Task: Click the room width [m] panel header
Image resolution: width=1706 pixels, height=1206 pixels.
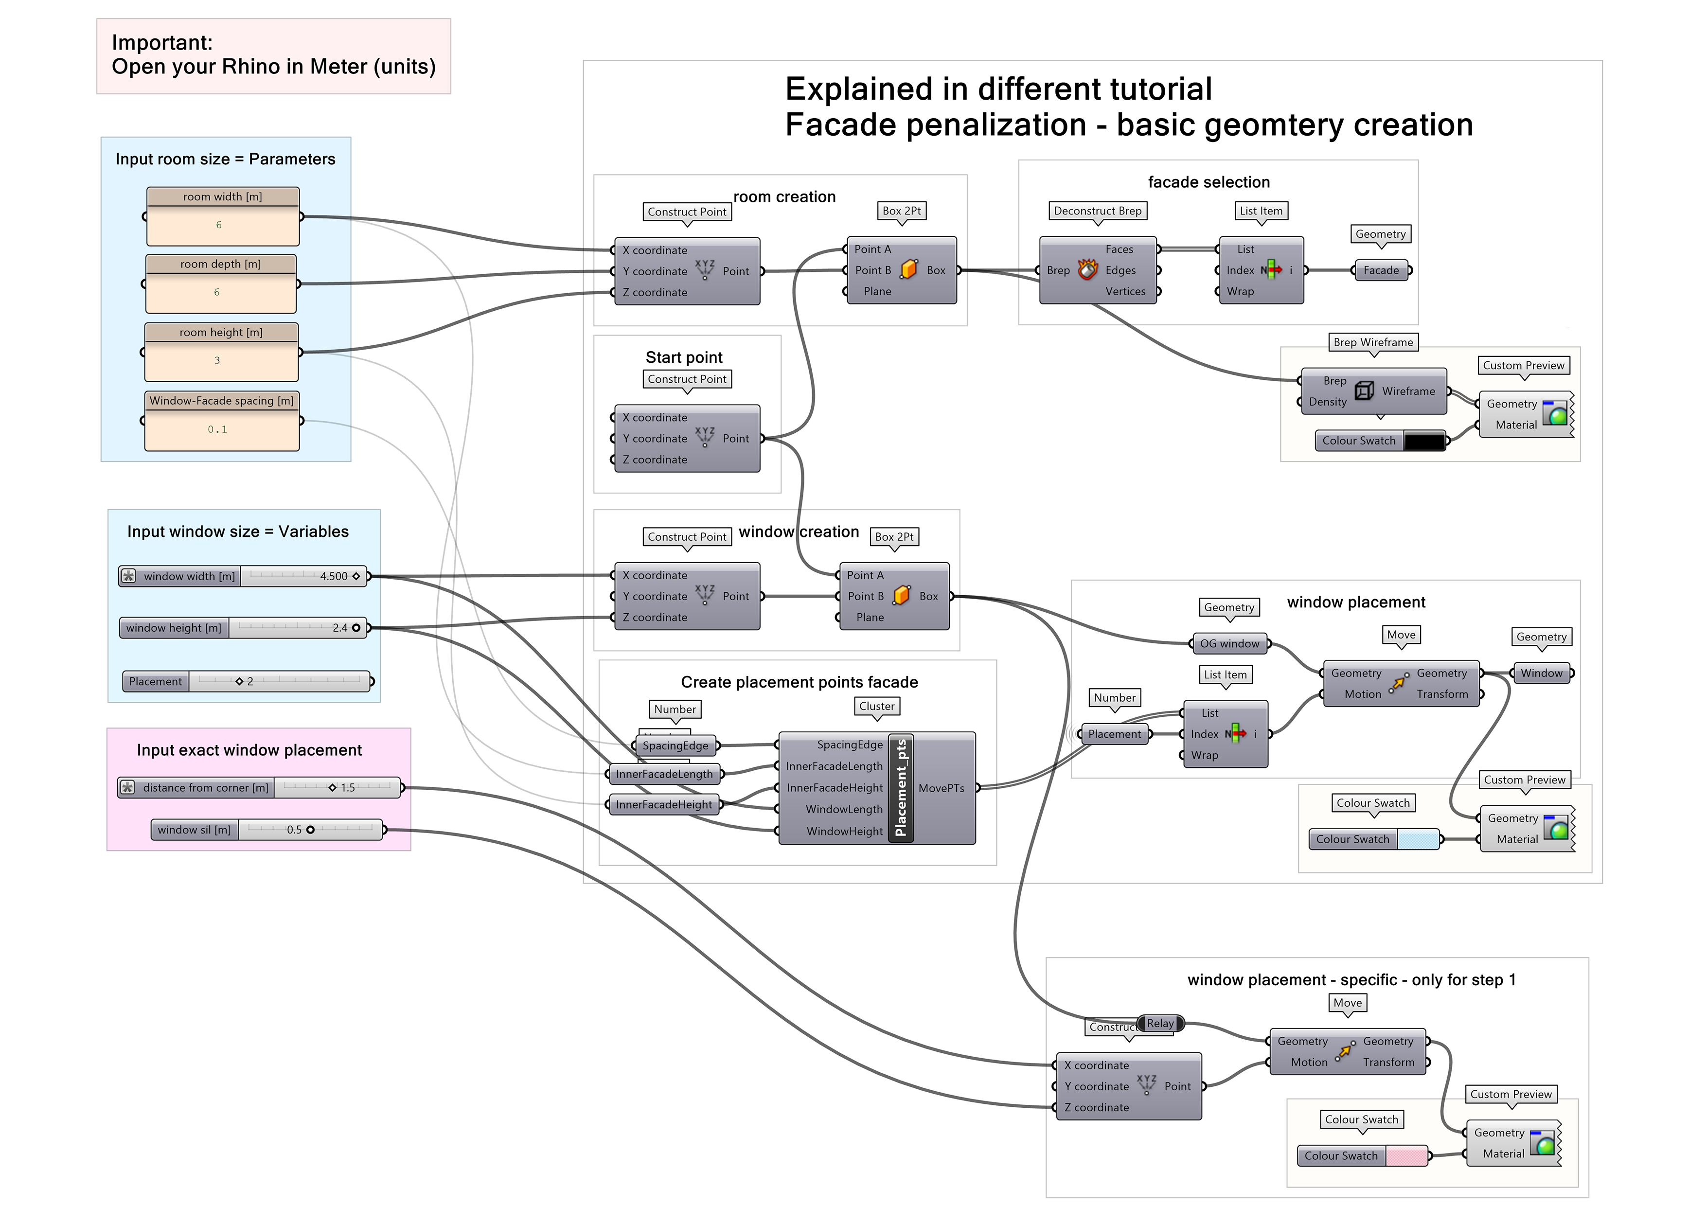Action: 223,197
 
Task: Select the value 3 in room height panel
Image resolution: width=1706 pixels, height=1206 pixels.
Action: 217,360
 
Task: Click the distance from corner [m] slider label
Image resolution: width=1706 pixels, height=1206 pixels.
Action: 205,788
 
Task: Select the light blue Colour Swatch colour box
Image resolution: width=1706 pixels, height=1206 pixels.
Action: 1418,840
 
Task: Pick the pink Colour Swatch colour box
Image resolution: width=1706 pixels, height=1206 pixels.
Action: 1406,1156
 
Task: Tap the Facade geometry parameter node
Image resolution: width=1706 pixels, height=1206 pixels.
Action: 1381,270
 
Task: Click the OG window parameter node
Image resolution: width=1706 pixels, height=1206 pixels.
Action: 1230,644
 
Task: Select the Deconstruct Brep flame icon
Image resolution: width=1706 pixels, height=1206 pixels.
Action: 1088,270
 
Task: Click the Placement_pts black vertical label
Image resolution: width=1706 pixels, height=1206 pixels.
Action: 901,788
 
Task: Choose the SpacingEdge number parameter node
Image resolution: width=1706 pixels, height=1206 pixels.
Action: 675,746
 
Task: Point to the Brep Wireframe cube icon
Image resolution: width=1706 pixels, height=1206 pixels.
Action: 1364,391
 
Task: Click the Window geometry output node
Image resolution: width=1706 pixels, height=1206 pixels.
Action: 1541,673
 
